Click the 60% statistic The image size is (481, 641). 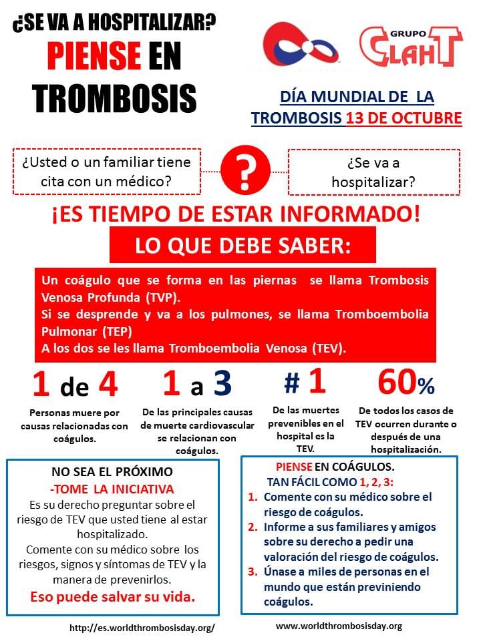(406, 383)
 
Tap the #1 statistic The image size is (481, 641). (305, 383)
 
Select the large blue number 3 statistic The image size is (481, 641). (222, 384)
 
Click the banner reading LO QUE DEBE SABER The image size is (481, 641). (243, 245)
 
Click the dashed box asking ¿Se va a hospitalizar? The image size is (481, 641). (373, 172)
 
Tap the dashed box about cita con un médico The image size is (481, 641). (106, 172)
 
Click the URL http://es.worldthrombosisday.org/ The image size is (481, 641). (142, 628)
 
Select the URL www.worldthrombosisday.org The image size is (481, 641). (339, 626)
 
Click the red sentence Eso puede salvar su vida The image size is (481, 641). (112, 596)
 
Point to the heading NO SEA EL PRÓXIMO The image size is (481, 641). (112, 471)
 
